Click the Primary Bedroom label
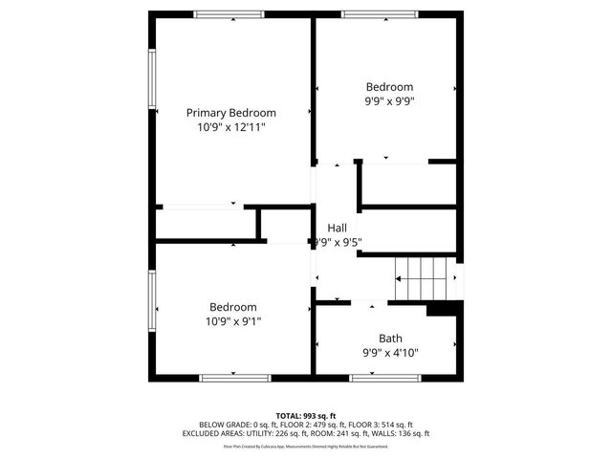(230, 112)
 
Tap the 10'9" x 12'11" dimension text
(230, 127)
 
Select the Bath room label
(390, 338)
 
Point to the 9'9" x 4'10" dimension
(390, 353)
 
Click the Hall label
(337, 228)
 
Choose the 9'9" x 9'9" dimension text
(389, 100)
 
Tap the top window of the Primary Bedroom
(229, 14)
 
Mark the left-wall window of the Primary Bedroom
(151, 77)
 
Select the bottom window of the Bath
(385, 378)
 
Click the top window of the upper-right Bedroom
(380, 14)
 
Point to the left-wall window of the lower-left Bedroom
(151, 303)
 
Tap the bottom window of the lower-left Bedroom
(229, 378)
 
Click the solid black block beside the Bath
(444, 309)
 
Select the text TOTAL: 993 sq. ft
(306, 415)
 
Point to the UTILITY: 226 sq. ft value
(259, 433)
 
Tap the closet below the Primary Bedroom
(206, 222)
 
